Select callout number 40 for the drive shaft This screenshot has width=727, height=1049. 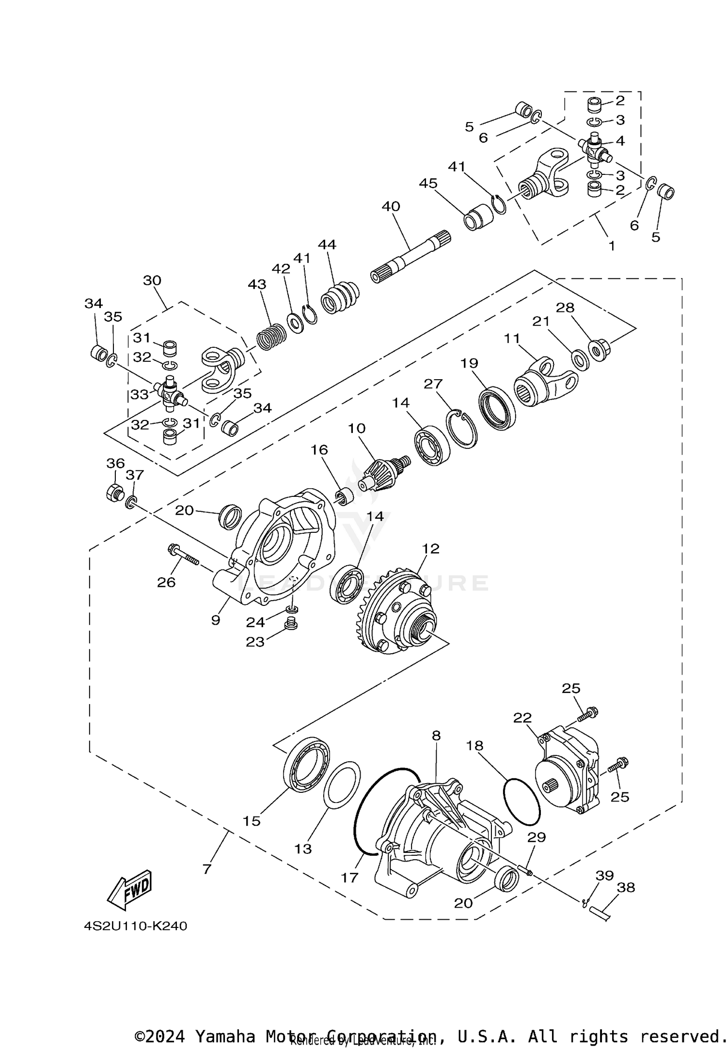pos(391,207)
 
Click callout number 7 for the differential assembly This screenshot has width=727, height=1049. pos(207,869)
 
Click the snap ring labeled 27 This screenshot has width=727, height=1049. pos(463,429)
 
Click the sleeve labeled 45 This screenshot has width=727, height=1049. pos(479,217)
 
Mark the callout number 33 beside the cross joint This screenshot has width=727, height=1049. pos(139,395)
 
